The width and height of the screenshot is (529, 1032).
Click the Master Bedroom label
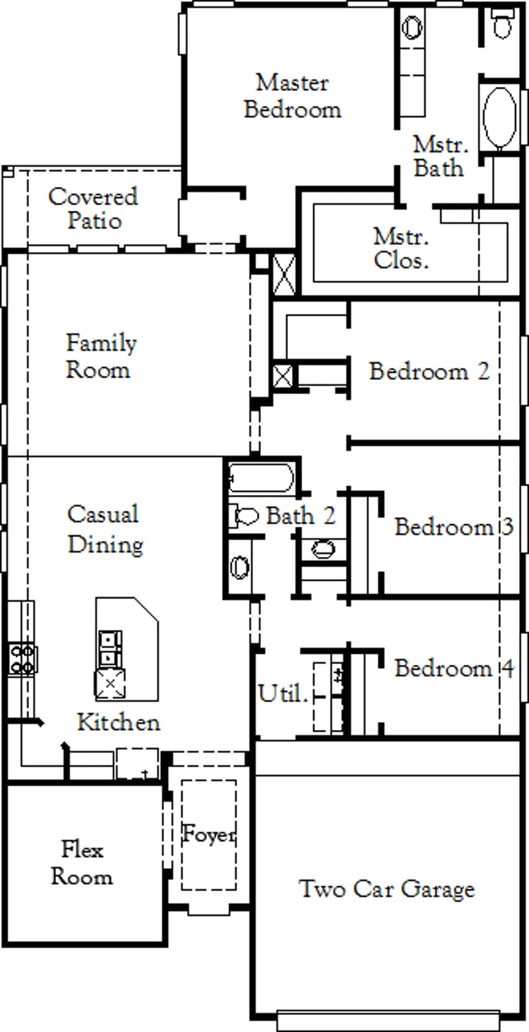pyautogui.click(x=292, y=96)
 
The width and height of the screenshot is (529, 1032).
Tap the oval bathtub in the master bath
pyautogui.click(x=500, y=117)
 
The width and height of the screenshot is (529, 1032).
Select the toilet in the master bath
pyautogui.click(x=502, y=23)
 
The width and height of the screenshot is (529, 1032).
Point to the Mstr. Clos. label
pyautogui.click(x=401, y=248)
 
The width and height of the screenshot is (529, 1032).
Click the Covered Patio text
pyautogui.click(x=93, y=208)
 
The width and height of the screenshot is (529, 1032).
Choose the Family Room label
pyautogui.click(x=101, y=356)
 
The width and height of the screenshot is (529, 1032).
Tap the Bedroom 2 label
pyautogui.click(x=429, y=371)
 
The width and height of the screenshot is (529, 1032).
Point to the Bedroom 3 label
pyautogui.click(x=454, y=527)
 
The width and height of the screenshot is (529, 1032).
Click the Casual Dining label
pyautogui.click(x=105, y=530)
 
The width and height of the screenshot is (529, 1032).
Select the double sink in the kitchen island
pyautogui.click(x=110, y=649)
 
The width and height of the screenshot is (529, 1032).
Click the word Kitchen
pyautogui.click(x=118, y=722)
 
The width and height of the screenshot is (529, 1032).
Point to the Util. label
pyautogui.click(x=283, y=693)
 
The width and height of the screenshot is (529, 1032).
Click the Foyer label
pyautogui.click(x=209, y=833)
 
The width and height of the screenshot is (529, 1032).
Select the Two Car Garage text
pyautogui.click(x=387, y=889)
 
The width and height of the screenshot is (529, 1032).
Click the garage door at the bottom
pyautogui.click(x=388, y=1021)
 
